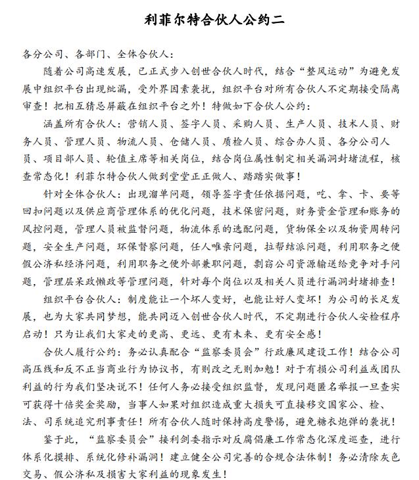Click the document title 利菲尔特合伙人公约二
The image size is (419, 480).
pos(209,19)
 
